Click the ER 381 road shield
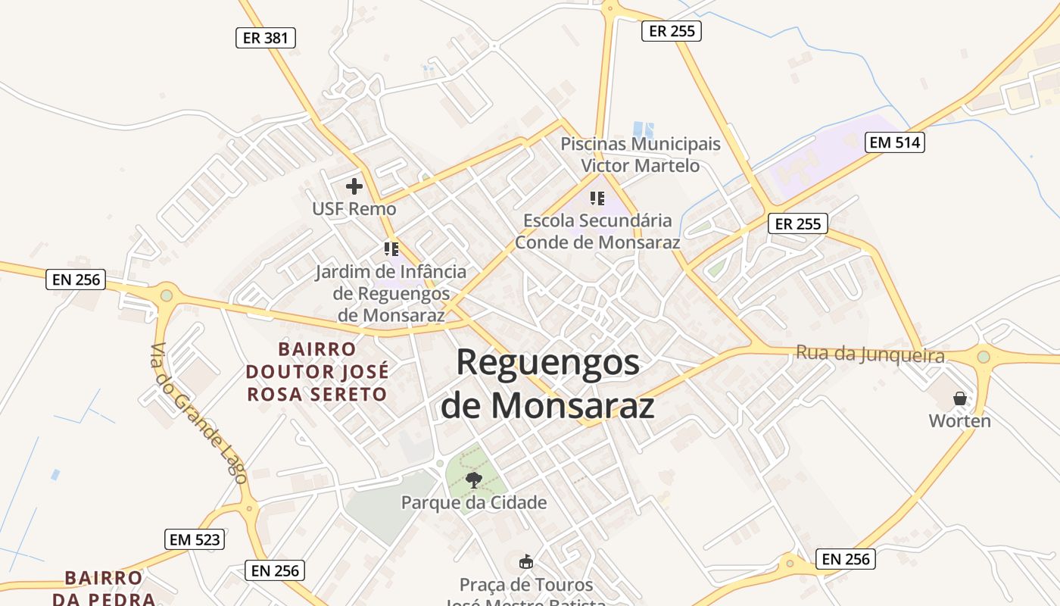[265, 37]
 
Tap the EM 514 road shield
[895, 142]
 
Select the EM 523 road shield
[195, 539]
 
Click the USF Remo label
[354, 208]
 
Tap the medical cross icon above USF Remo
[354, 186]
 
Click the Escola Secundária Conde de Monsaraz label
[598, 231]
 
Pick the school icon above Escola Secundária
[597, 198]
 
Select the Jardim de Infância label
[391, 293]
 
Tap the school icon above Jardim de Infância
[391, 248]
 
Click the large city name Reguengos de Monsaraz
[548, 384]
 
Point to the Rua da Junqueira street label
[870, 355]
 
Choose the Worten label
[960, 421]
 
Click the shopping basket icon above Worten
[960, 398]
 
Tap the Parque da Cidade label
[474, 502]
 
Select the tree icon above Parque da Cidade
[474, 479]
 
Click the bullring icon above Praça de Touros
[526, 561]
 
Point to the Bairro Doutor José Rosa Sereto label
[317, 371]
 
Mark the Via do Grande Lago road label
[198, 413]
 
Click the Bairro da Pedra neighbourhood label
[104, 588]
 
